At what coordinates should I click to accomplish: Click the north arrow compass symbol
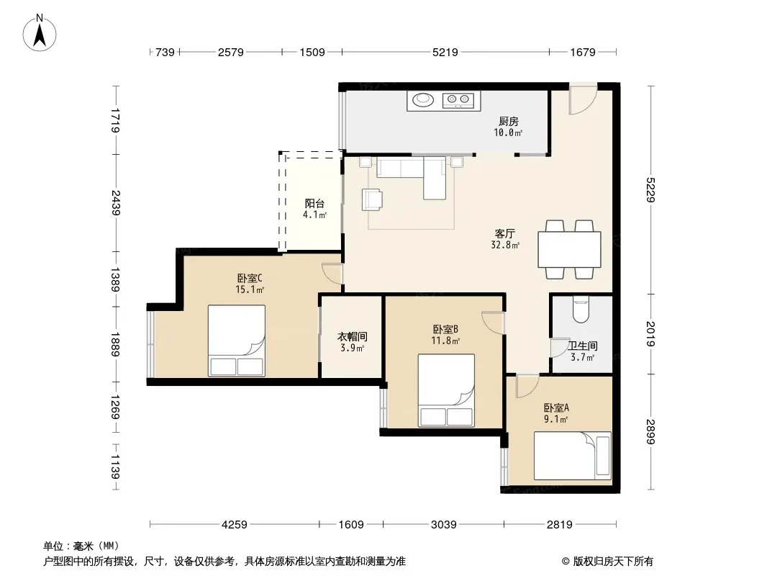click(40, 33)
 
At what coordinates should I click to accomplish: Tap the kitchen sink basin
click(423, 100)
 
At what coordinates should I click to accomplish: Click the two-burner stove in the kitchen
click(458, 100)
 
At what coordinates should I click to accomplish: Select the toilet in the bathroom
click(581, 311)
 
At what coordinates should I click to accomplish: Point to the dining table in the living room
click(569, 250)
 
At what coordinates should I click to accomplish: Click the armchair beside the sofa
click(372, 199)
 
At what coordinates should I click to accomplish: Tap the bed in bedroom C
click(237, 341)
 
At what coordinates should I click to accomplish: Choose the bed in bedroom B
click(446, 390)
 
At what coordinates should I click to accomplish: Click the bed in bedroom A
click(572, 456)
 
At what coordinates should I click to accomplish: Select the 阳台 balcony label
click(314, 203)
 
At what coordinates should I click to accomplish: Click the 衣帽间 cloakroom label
click(352, 337)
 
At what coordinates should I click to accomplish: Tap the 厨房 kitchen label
click(509, 121)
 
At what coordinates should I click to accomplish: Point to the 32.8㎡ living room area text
click(505, 246)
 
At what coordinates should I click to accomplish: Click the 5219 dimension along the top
click(445, 52)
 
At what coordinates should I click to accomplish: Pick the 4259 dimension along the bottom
click(235, 525)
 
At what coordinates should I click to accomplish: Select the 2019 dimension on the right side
click(650, 334)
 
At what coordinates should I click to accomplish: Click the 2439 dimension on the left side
click(115, 202)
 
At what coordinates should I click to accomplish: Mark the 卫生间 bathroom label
click(583, 346)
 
